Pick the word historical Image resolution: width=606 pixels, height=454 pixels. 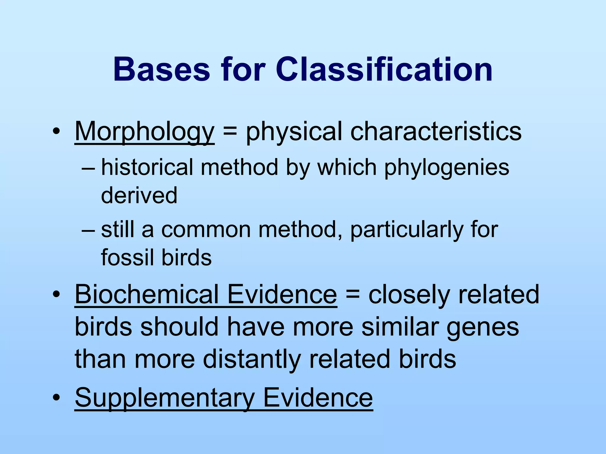coord(147,167)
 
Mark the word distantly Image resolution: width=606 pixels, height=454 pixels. coord(252,359)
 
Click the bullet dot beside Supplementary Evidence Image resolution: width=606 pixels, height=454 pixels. coord(56,398)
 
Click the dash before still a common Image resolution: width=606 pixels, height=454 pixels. coord(88,230)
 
